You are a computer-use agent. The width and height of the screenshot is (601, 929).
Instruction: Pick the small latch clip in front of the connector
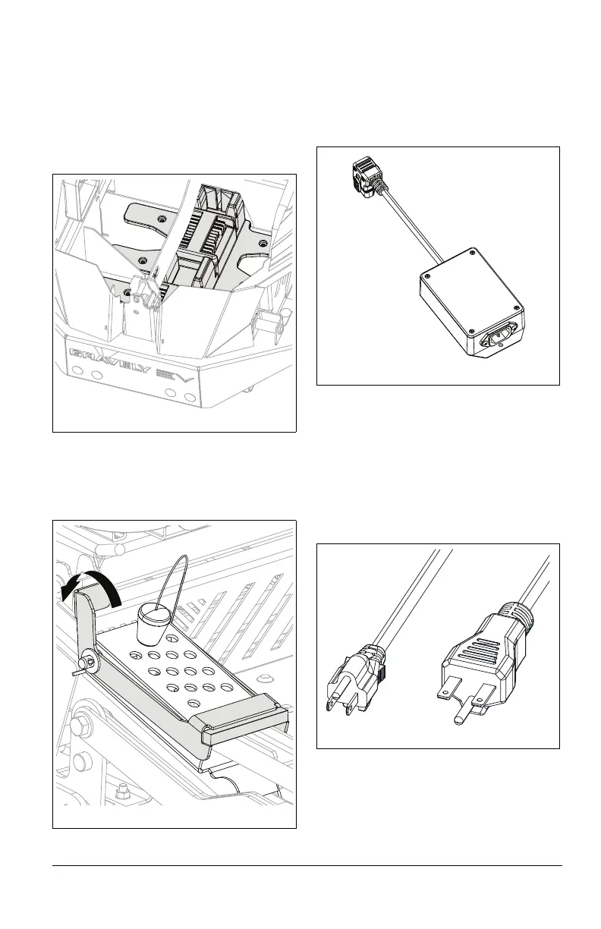(x=145, y=290)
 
